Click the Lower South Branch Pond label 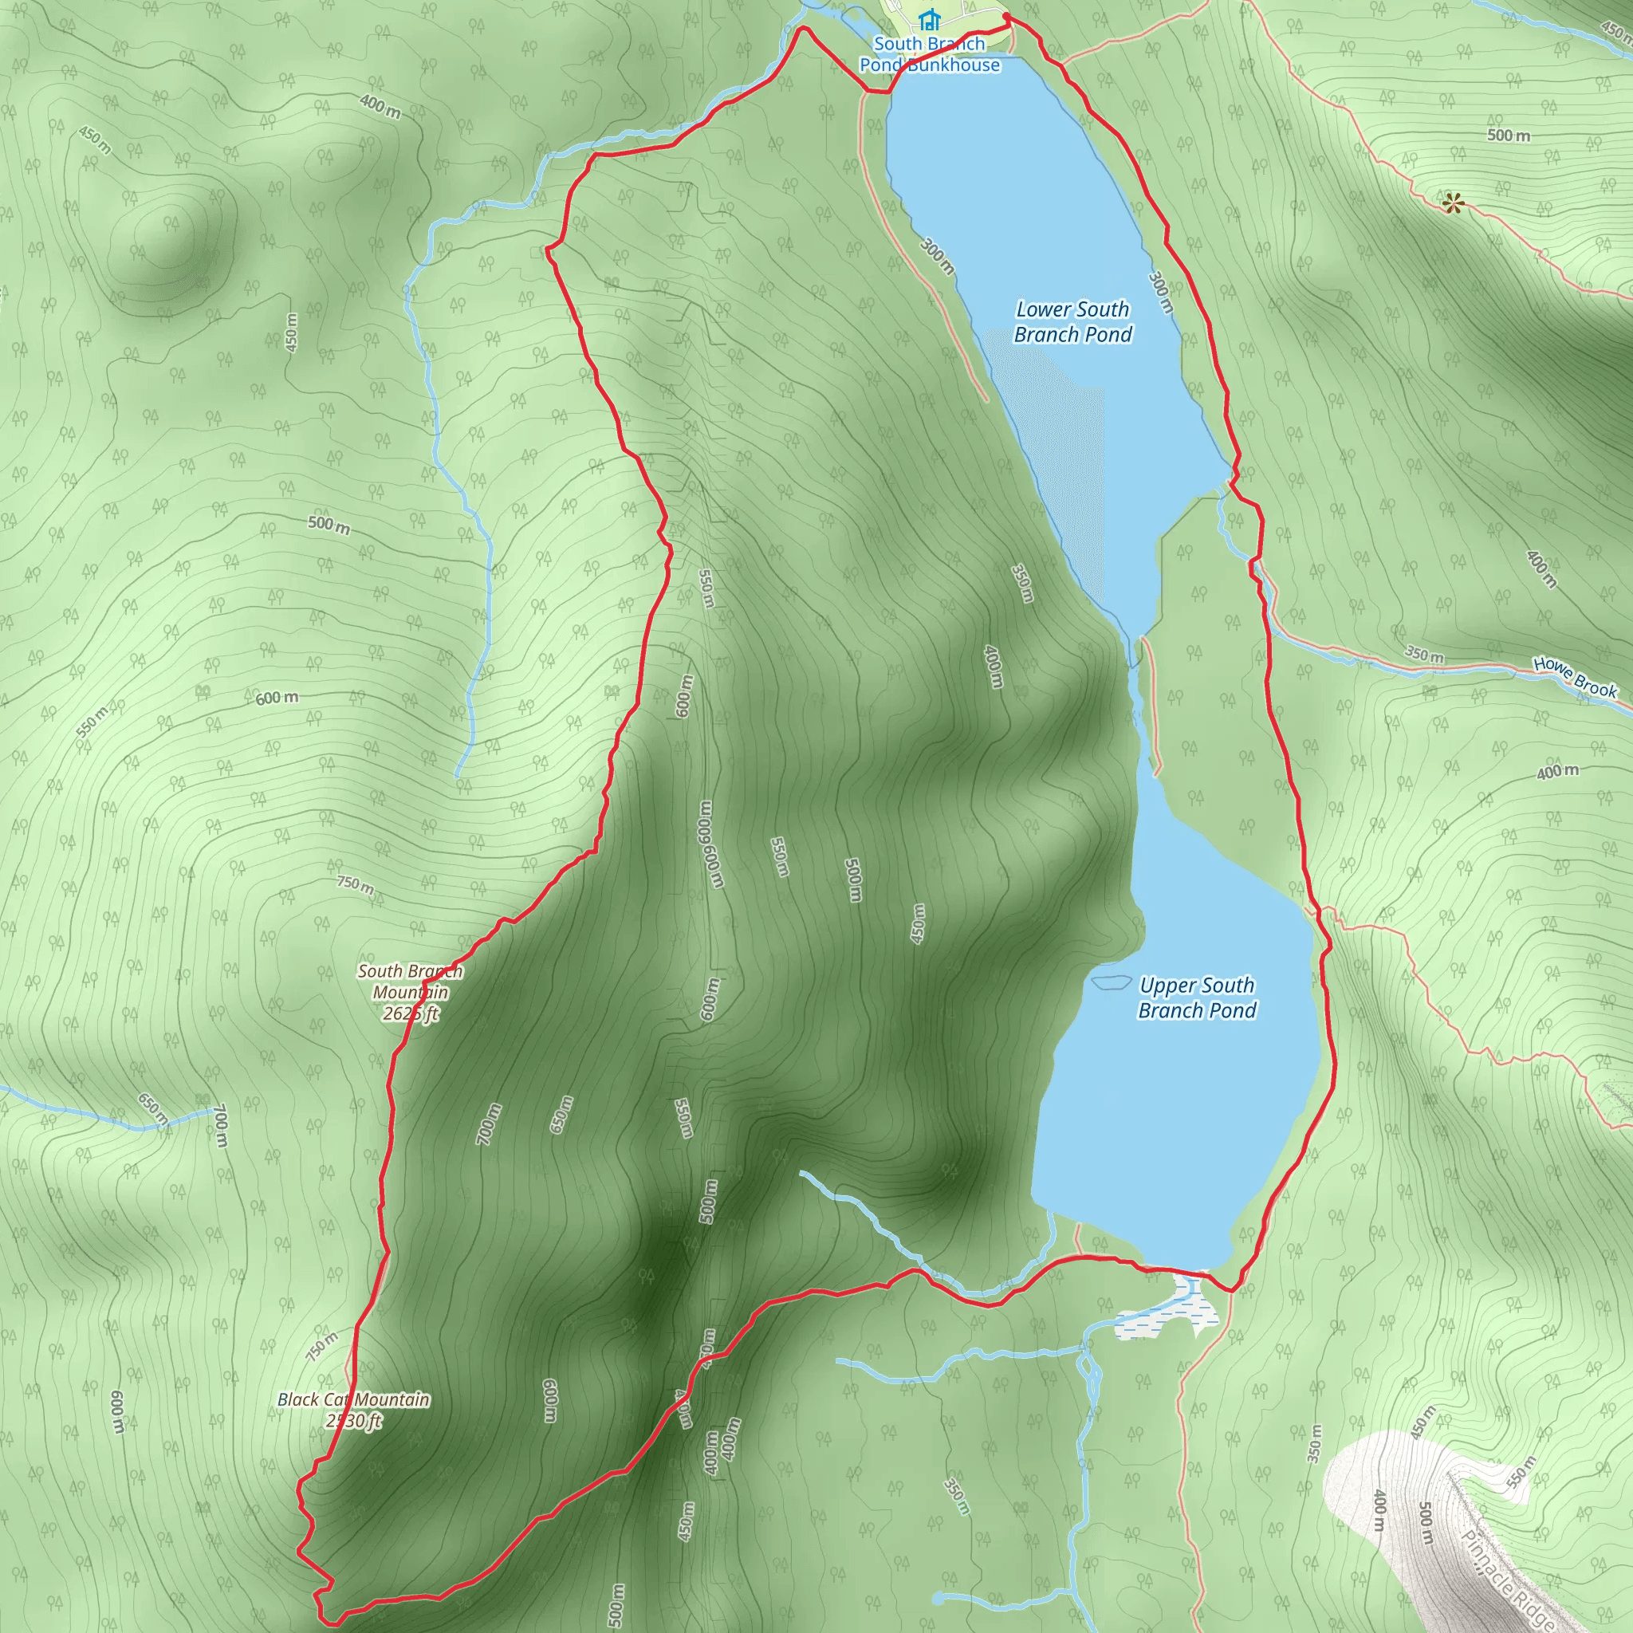point(1072,322)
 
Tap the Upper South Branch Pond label point(1197,998)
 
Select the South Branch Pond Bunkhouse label point(930,54)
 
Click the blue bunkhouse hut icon point(930,18)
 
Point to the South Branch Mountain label point(410,982)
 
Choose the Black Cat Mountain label point(353,1399)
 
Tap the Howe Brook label point(1576,678)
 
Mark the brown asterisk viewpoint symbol point(1452,203)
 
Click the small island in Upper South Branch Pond point(1111,982)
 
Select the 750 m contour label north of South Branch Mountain point(355,884)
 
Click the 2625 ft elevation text point(411,1013)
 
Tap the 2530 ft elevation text point(354,1422)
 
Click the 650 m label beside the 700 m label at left point(153,1109)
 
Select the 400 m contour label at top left point(380,107)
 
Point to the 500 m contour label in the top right point(1509,136)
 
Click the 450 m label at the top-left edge point(95,140)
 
